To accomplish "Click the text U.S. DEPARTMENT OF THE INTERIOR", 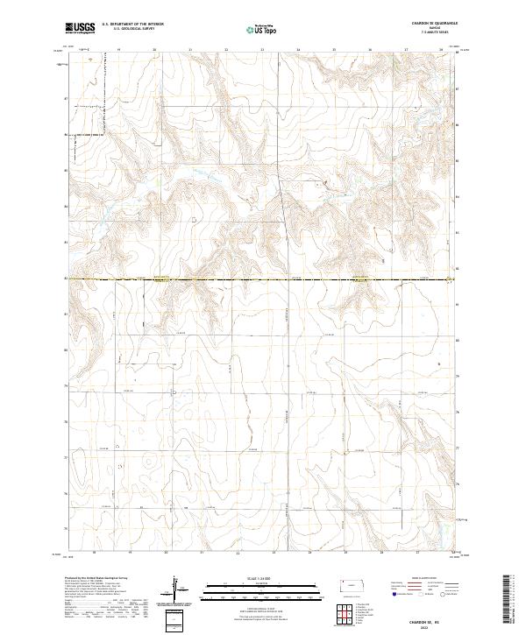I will pos(132,24).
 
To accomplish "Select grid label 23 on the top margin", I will pos(262,50).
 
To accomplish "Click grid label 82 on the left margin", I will pos(66,279).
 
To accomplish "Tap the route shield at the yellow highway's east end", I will pos(450,279).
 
